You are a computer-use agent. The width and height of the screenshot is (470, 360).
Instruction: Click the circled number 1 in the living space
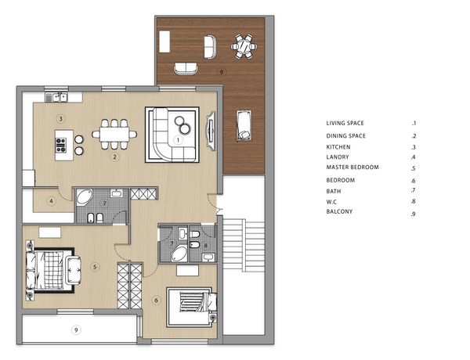[x=178, y=140]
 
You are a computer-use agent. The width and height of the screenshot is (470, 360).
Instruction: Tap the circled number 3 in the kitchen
[x=60, y=119]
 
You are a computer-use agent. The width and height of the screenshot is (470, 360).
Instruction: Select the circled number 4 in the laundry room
[x=51, y=201]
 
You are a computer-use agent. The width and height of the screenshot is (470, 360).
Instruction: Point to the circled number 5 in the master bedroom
[x=95, y=267]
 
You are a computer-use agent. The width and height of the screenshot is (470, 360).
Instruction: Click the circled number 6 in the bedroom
[x=156, y=300]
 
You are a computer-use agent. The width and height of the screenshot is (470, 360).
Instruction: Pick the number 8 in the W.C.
[x=205, y=246]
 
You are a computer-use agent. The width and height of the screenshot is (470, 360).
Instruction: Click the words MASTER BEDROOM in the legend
[x=352, y=167]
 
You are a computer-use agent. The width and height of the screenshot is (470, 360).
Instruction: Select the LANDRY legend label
[x=338, y=157]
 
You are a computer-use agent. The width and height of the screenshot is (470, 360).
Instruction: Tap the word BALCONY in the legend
[x=339, y=211]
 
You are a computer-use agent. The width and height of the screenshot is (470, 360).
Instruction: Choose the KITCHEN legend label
[x=338, y=147]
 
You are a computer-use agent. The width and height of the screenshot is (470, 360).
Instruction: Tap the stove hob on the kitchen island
[x=61, y=145]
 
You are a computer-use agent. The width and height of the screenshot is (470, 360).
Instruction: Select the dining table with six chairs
[x=114, y=134]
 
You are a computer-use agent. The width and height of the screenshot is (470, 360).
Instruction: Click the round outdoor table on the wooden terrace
[x=244, y=46]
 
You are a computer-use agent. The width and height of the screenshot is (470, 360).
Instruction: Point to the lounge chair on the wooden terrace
[x=244, y=125]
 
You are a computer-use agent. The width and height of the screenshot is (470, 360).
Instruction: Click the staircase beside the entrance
[x=244, y=245]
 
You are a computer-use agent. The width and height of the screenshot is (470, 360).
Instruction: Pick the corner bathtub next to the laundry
[x=84, y=196]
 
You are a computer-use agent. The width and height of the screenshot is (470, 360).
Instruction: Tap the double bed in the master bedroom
[x=50, y=270]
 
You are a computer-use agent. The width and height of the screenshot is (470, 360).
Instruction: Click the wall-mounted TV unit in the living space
[x=211, y=131]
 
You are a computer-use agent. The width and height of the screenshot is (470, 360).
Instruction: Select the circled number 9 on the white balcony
[x=76, y=330]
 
